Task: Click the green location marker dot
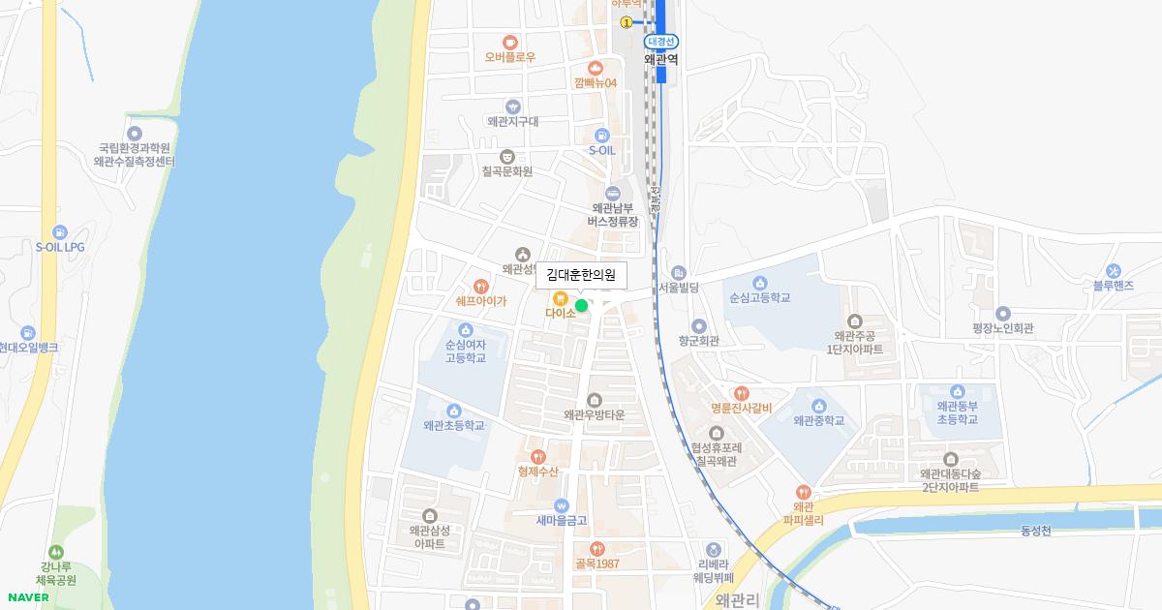coord(581,306)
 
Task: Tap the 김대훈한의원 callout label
coord(581,275)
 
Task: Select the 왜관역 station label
coord(661,59)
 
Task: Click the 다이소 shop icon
coord(560,298)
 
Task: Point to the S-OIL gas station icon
coord(602,135)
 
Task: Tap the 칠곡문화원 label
coord(507,171)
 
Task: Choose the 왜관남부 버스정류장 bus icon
coord(612,193)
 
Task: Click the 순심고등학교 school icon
coord(760,282)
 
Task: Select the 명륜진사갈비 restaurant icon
coord(741,392)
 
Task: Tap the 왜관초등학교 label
coord(454,425)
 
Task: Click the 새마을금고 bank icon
coord(562,504)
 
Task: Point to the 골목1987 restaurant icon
coord(596,548)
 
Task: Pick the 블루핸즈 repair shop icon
coord(1114,270)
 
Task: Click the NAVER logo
coord(27,596)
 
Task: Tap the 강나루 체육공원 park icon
coord(56,551)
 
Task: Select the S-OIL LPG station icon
coord(60,231)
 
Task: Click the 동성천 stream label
coord(1035,531)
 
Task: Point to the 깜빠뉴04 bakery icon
coord(596,67)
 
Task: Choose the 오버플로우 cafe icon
coord(510,42)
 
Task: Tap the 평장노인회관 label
coord(1003,328)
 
